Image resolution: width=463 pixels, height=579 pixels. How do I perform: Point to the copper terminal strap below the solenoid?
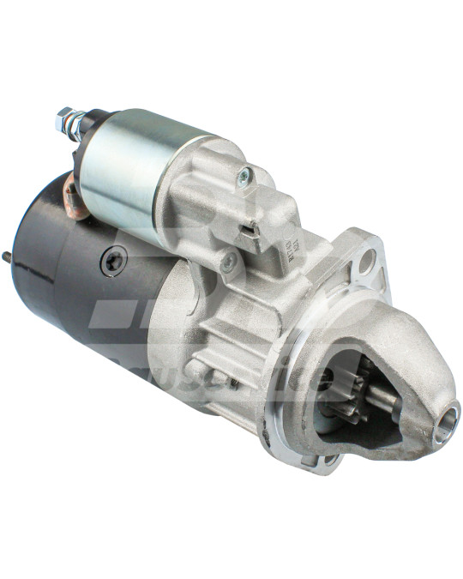[75, 198]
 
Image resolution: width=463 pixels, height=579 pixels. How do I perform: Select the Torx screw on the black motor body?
[113, 260]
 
